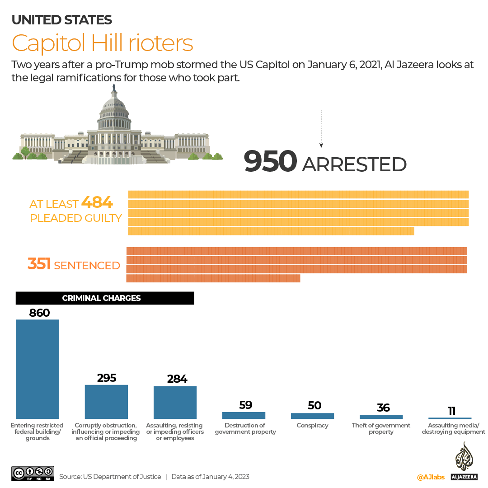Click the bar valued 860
[x=38, y=369]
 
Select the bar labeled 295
[x=106, y=401]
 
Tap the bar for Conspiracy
[x=312, y=416]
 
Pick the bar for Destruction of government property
[x=244, y=415]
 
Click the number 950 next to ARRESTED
[x=270, y=162]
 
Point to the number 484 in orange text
[x=97, y=203]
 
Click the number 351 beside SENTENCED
[x=39, y=264]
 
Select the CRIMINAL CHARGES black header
[x=105, y=298]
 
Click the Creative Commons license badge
[x=33, y=473]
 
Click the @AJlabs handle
[x=431, y=477]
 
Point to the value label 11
[x=451, y=411]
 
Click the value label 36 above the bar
[x=383, y=408]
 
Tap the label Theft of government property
[x=381, y=428]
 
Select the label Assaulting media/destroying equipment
[x=453, y=428]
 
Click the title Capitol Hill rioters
[x=103, y=43]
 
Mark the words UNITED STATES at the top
[x=62, y=19]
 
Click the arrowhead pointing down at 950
[x=321, y=145]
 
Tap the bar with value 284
[x=175, y=402]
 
